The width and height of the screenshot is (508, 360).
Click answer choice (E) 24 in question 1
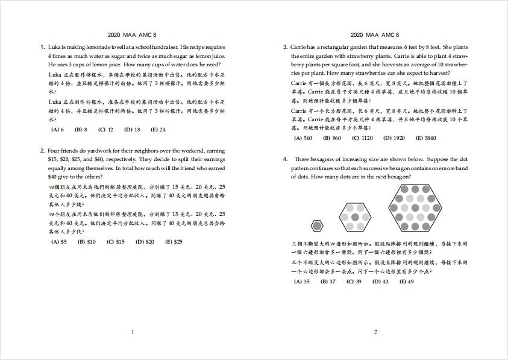point(158,130)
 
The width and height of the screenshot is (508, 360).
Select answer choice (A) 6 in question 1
point(58,130)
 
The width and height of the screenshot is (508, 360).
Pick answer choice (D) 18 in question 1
point(132,130)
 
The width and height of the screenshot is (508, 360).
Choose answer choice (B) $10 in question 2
point(87,242)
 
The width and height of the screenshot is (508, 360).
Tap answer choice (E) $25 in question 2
point(174,242)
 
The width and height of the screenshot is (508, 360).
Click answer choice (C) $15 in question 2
point(116,242)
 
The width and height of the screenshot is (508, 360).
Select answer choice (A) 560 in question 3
point(303,138)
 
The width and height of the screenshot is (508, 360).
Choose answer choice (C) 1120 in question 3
point(363,138)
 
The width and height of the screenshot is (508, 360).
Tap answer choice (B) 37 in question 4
point(328,282)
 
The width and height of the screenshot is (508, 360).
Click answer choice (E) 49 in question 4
point(407,282)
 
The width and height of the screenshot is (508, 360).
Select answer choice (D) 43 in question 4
point(380,282)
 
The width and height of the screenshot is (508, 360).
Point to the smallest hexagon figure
point(317,226)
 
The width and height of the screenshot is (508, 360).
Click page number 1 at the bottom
point(133,332)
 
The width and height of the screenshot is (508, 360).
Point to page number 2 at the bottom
point(375,332)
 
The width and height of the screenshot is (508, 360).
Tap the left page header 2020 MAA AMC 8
point(133,35)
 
